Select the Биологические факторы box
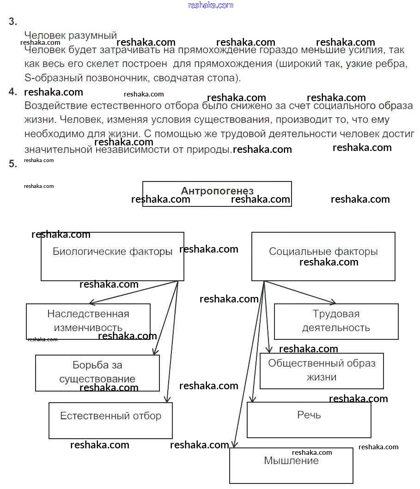click(112, 256)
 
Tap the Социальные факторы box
click(323, 256)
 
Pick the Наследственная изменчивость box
click(88, 321)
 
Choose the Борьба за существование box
click(97, 372)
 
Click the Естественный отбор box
click(110, 420)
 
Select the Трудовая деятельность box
click(336, 321)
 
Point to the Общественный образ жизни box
click(322, 370)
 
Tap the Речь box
click(309, 419)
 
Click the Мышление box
click(291, 465)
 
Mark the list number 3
click(13, 22)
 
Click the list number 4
click(13, 92)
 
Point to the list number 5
click(13, 163)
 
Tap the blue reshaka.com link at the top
click(210, 5)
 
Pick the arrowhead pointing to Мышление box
click(234, 445)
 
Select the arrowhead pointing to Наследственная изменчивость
click(91, 303)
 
